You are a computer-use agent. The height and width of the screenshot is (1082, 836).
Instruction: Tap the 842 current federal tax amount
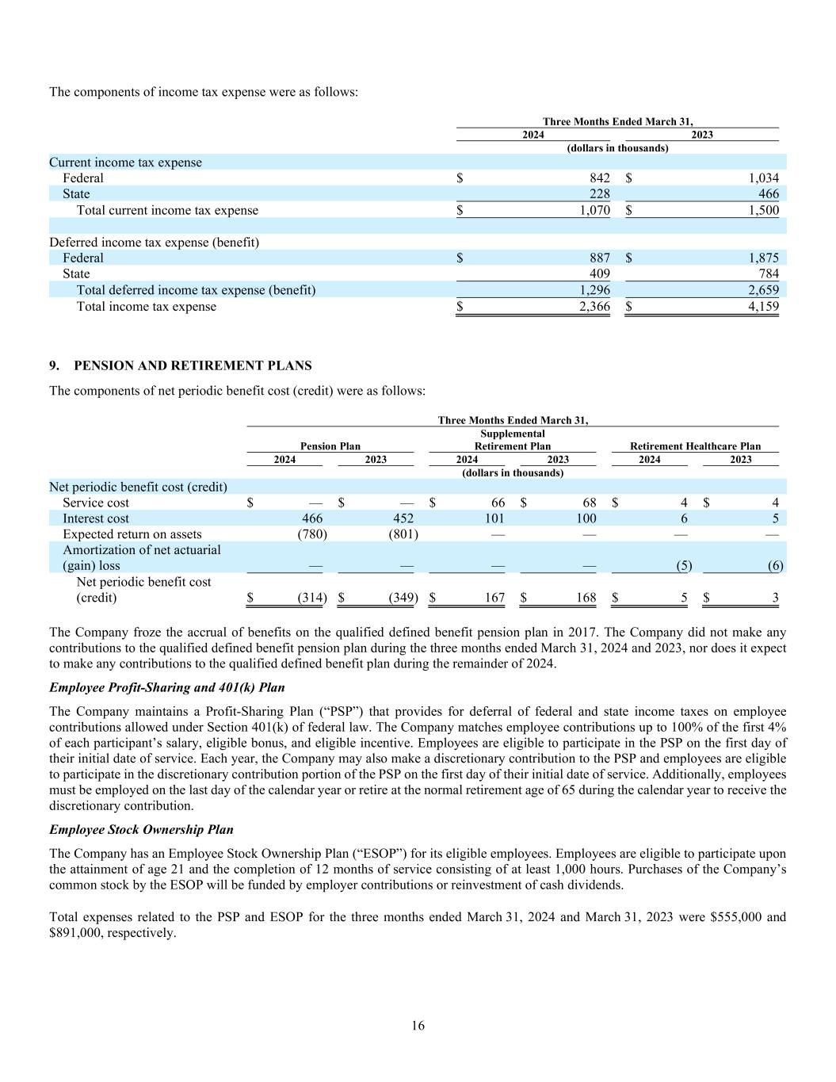point(600,178)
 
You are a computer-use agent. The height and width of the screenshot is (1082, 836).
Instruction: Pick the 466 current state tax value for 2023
point(769,194)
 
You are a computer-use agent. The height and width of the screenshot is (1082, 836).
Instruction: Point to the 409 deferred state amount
point(600,274)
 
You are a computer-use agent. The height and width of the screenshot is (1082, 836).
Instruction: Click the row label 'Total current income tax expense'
point(167,211)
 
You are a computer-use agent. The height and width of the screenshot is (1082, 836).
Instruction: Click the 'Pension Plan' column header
point(330,446)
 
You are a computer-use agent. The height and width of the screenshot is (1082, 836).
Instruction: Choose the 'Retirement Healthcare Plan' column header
point(695,446)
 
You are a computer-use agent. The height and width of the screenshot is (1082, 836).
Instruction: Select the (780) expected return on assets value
point(312,534)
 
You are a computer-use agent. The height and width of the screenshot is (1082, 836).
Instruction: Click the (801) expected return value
point(403,534)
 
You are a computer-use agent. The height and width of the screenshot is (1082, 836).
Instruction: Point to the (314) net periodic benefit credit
point(312,598)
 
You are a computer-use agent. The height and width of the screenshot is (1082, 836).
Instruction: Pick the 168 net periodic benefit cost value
point(586,598)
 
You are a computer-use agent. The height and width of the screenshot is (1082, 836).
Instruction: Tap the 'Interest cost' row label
point(96,518)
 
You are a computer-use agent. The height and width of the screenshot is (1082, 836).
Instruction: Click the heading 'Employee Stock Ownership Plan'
point(141,830)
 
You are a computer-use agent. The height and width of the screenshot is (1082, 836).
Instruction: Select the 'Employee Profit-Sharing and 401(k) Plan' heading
point(167,687)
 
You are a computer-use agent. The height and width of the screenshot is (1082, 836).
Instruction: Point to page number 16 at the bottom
point(418,1026)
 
